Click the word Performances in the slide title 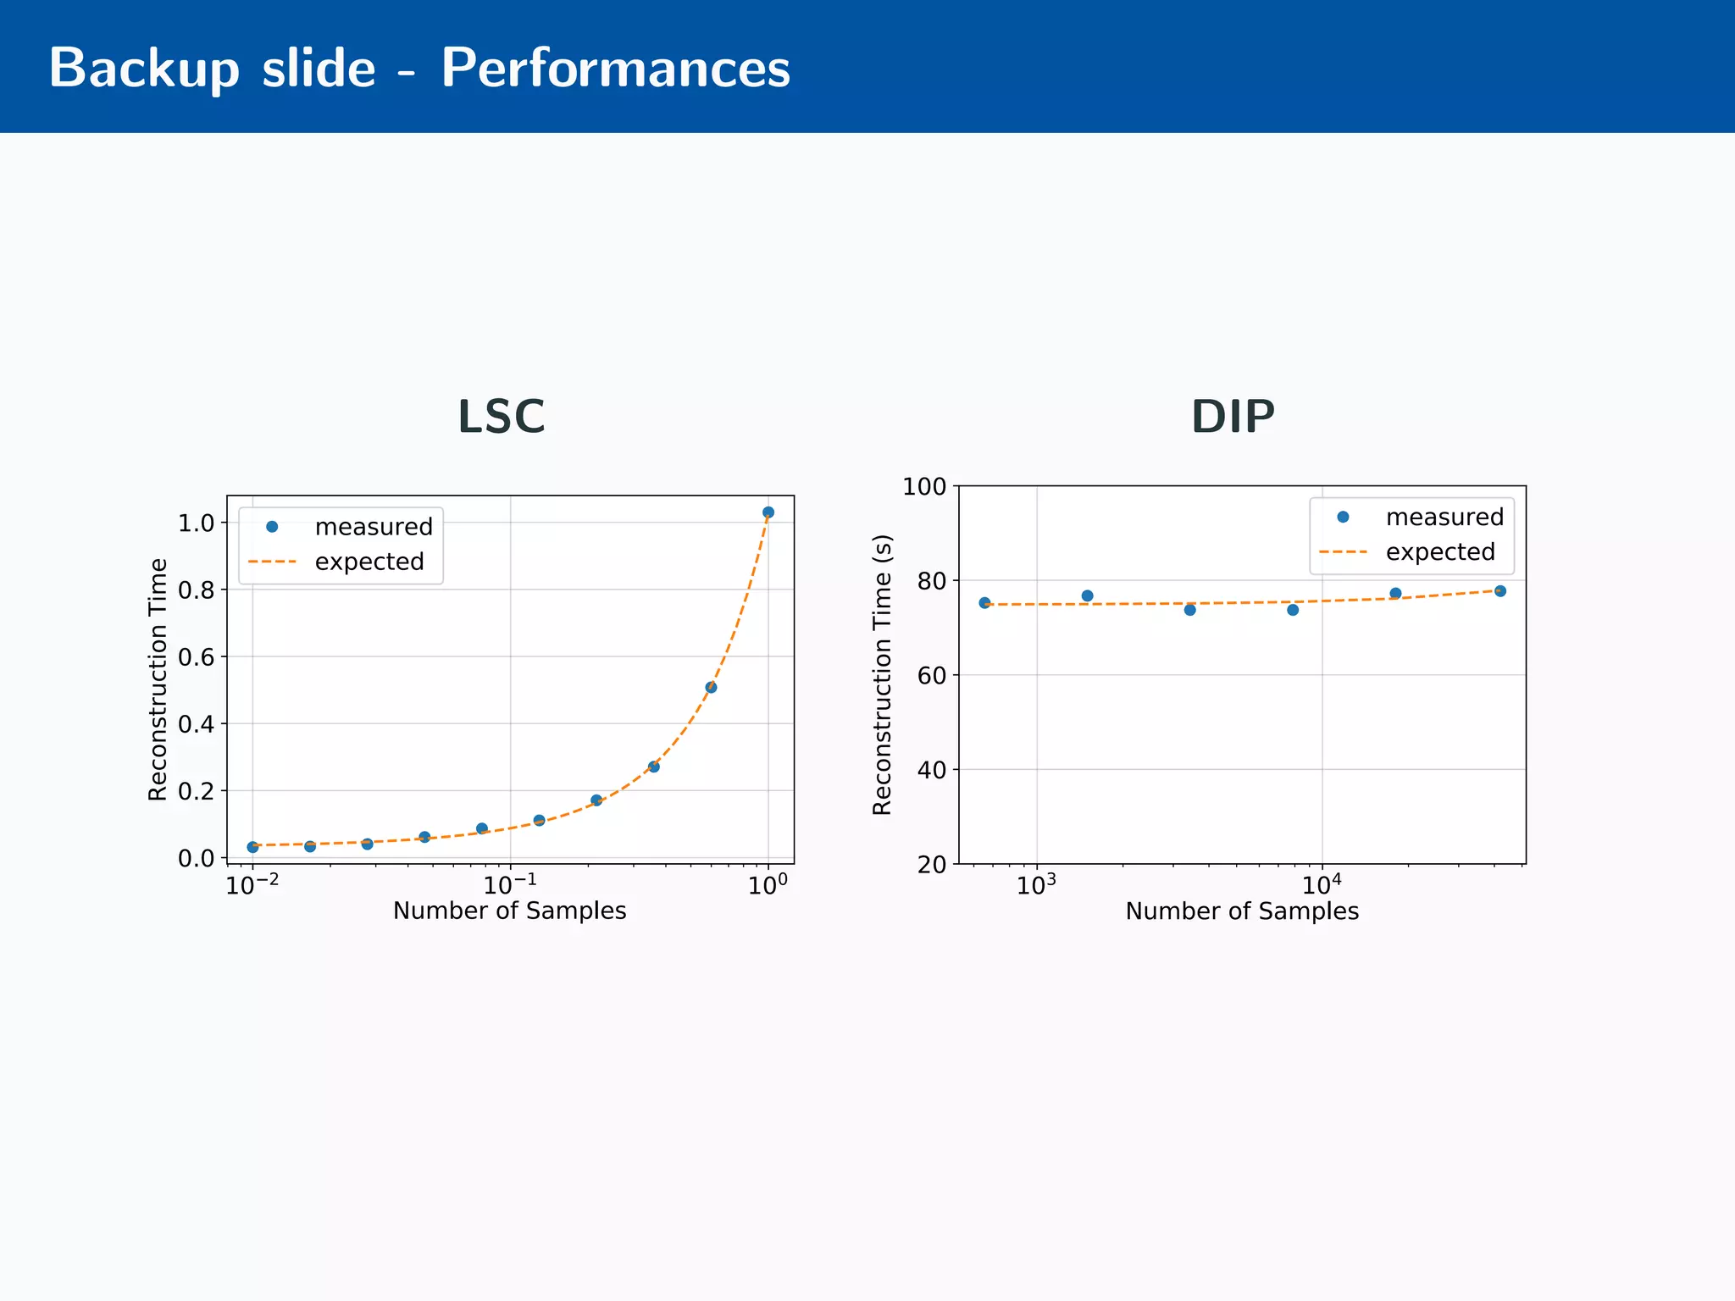[615, 68]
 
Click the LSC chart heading [501, 417]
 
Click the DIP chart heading [1233, 417]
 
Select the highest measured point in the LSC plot [768, 512]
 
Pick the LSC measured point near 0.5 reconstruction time [711, 687]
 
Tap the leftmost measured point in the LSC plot [252, 847]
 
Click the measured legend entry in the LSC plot [373, 527]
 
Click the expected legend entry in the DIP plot [1439, 552]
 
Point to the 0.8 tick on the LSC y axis [196, 590]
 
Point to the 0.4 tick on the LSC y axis [196, 724]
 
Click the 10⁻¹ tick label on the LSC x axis [510, 885]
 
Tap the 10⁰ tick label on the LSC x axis [768, 885]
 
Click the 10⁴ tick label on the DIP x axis [1321, 885]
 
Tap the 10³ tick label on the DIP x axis [1035, 885]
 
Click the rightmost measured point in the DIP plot [1499, 591]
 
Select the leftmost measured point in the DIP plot [984, 603]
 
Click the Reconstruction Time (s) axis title [882, 675]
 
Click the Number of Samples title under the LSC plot [509, 911]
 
